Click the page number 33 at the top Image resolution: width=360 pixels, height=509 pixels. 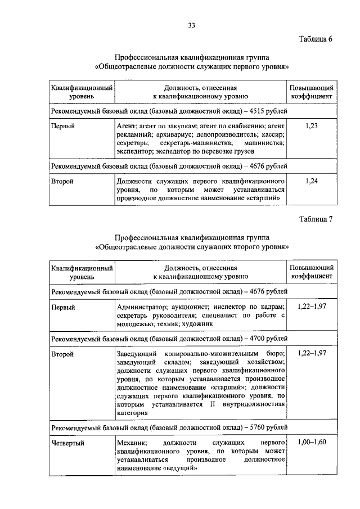191,25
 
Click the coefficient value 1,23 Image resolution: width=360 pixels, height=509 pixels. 311,127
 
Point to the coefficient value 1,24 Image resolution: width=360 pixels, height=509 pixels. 311,181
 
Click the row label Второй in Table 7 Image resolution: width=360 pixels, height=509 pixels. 62,354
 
